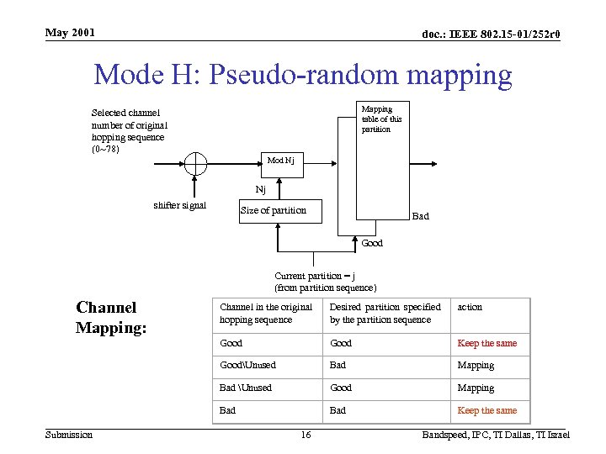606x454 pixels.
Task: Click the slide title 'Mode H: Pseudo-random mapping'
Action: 303,75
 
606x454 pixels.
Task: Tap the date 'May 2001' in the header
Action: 71,33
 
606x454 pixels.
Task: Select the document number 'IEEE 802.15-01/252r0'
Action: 492,34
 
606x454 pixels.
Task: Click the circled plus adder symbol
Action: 195,163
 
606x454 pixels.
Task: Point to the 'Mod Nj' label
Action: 280,160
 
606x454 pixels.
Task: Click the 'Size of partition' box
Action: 279,210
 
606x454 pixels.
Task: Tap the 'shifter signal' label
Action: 180,205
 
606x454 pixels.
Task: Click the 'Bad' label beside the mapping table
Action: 420,216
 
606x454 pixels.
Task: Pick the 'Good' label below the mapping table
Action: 372,243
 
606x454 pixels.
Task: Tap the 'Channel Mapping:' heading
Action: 111,318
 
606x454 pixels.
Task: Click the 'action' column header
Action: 470,307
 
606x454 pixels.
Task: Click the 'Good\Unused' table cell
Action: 247,365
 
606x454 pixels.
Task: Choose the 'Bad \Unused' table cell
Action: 246,388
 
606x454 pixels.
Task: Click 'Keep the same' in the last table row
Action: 486,410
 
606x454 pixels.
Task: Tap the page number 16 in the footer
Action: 306,435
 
